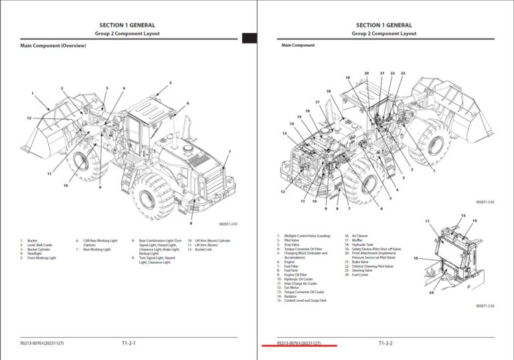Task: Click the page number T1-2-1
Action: click(128, 343)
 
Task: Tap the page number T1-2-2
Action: click(385, 343)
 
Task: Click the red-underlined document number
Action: click(298, 343)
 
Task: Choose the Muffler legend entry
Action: click(357, 240)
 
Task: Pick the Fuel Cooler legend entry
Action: click(360, 275)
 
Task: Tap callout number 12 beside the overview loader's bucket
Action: click(29, 118)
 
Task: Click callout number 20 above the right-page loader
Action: click(366, 73)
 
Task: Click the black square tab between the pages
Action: click(250, 38)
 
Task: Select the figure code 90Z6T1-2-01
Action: click(228, 225)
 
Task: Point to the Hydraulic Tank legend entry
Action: click(363, 245)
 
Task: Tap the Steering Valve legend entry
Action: click(361, 270)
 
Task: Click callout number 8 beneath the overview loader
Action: click(191, 223)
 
